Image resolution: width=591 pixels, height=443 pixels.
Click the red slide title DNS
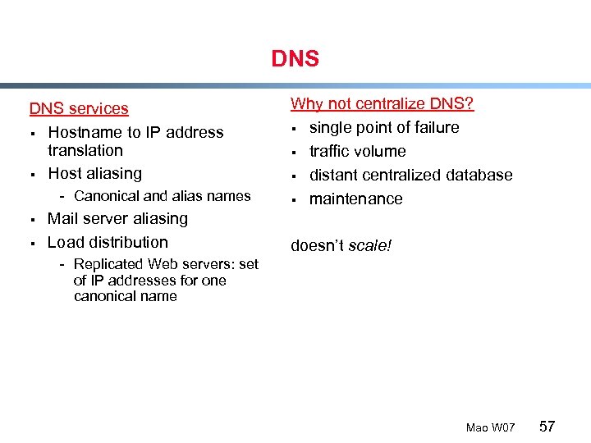[295, 60]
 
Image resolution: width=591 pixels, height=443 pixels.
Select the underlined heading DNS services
[79, 108]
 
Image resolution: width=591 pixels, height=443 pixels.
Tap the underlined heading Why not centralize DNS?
[383, 104]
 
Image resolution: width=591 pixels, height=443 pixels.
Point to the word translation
[85, 151]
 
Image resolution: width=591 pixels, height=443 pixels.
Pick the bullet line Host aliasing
[94, 173]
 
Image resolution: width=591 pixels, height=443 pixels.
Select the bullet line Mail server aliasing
[117, 219]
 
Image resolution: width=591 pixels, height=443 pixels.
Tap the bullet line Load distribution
[108, 242]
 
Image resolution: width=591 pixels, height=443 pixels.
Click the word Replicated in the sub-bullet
[108, 264]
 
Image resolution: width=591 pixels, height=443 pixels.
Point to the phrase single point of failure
[384, 127]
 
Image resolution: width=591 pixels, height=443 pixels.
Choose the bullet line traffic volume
[357, 151]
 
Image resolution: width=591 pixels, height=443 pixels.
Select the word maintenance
[355, 199]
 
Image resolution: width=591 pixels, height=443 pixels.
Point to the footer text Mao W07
[490, 428]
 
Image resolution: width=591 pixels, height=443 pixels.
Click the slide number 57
[547, 427]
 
